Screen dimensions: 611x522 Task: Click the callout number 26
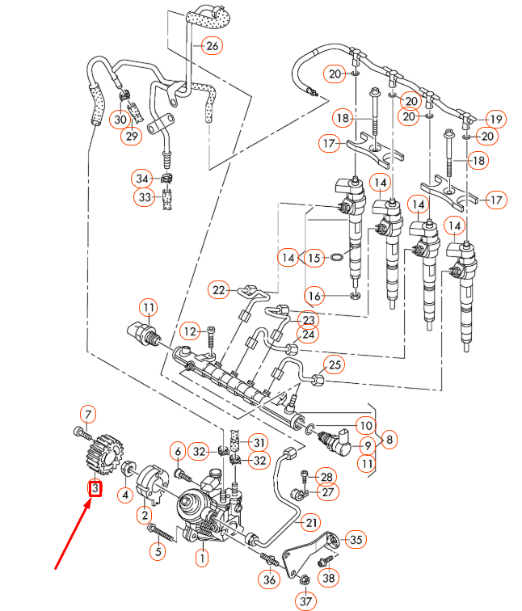212,45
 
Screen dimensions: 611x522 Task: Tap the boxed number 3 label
95,489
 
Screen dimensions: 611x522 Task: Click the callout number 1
201,556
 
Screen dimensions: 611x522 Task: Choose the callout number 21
312,523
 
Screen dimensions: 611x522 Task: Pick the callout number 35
356,539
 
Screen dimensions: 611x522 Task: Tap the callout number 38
328,578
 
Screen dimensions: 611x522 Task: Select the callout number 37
305,601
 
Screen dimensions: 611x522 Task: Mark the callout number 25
333,364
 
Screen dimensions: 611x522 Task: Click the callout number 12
190,331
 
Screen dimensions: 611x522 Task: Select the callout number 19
495,119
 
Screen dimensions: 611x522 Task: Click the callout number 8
389,440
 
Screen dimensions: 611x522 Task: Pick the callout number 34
142,177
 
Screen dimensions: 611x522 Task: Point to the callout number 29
131,136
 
